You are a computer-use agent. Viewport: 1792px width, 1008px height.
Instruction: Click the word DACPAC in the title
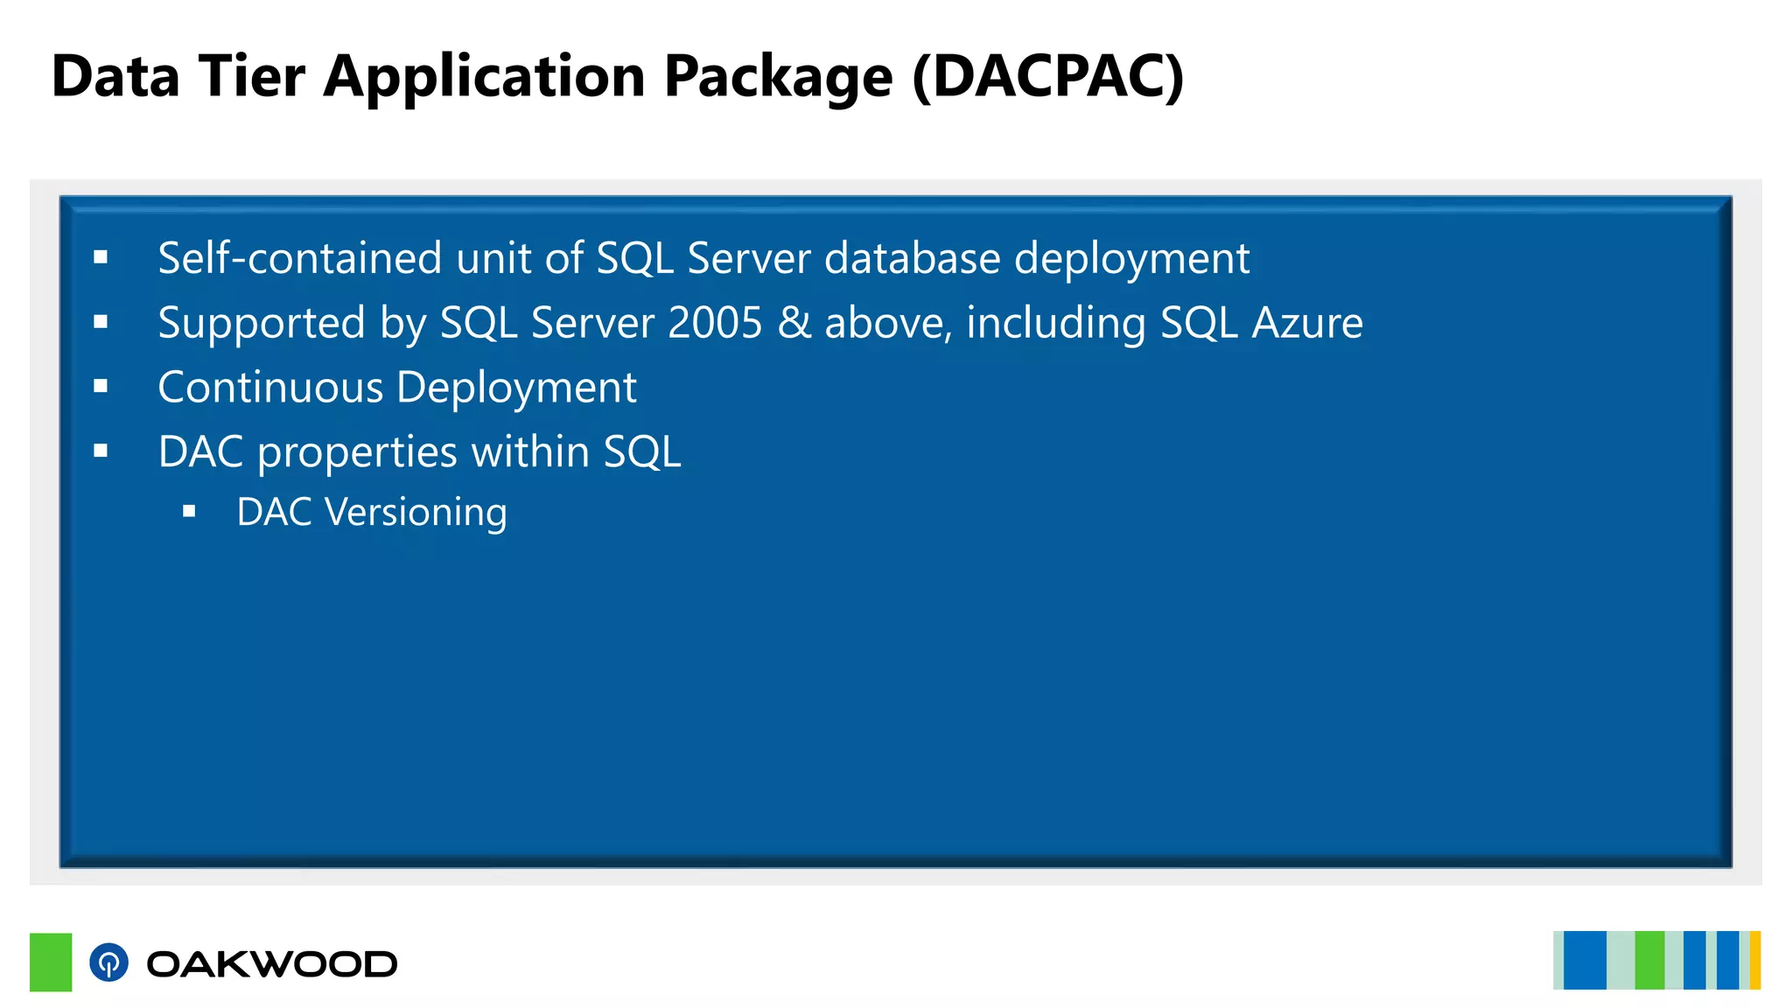point(1048,77)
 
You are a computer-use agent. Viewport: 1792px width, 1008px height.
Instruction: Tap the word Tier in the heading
point(252,77)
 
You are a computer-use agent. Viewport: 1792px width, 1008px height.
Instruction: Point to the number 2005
point(716,323)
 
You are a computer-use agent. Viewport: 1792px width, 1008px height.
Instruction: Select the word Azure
point(1307,323)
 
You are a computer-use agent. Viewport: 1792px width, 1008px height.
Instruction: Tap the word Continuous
point(270,388)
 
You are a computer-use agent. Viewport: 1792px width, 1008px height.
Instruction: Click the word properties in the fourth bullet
point(357,453)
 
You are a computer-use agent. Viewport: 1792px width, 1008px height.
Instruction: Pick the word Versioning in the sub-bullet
point(416,513)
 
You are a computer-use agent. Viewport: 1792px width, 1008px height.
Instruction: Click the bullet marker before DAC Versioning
point(189,512)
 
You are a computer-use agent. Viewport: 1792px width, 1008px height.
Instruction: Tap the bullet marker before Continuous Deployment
point(101,386)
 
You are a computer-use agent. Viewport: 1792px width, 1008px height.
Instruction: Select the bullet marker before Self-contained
point(101,257)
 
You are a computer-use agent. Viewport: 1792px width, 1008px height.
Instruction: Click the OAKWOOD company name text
point(271,964)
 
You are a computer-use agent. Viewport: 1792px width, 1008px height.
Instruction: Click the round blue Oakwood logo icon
point(108,962)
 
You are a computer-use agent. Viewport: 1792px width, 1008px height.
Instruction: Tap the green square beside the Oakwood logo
point(51,962)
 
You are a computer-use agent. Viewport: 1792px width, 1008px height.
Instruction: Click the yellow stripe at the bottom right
point(1754,961)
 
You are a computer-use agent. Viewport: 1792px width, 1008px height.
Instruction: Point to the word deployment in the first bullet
point(1131,260)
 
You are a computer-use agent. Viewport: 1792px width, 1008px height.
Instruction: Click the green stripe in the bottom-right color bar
point(1649,961)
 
